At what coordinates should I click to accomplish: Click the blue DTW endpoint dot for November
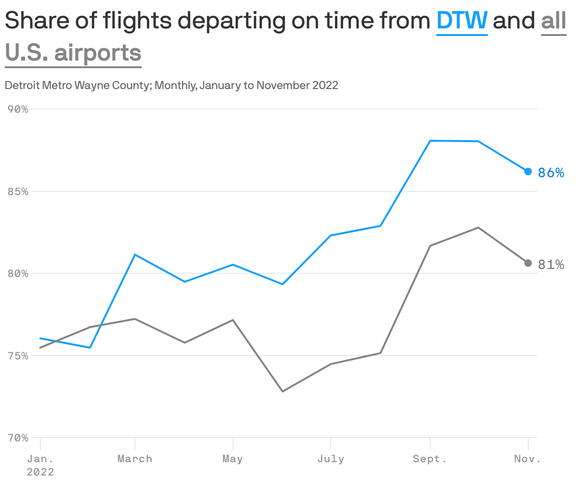(528, 171)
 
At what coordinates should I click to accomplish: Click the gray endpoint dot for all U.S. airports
(528, 263)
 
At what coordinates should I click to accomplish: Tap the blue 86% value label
(551, 173)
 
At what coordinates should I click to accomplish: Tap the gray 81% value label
(551, 265)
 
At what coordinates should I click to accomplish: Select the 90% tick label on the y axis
(18, 109)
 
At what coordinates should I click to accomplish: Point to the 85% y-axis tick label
(18, 192)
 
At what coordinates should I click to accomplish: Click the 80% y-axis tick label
(18, 274)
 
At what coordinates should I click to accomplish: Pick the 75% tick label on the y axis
(18, 356)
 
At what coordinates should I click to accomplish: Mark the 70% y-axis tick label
(18, 438)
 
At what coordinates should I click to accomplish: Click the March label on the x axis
(135, 459)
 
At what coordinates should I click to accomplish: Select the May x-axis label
(233, 459)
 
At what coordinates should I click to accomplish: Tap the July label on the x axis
(331, 459)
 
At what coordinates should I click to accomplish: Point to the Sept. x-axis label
(430, 459)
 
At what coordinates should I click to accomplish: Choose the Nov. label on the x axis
(527, 459)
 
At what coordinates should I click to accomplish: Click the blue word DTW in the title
(461, 20)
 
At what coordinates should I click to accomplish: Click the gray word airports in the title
(98, 53)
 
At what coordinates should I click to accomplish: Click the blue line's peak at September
(430, 141)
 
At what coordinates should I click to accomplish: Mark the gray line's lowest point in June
(282, 392)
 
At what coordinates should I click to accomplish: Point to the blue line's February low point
(90, 348)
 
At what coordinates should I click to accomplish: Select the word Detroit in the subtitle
(22, 85)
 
